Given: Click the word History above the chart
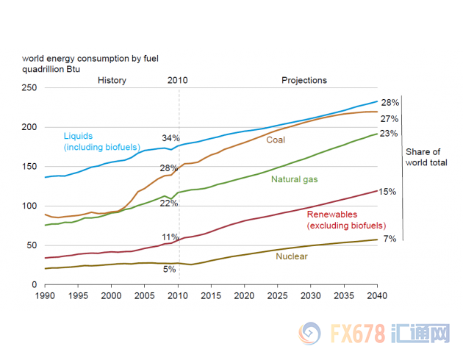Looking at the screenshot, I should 112,80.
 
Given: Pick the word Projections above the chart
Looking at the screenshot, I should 304,80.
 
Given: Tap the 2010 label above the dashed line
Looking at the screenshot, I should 178,80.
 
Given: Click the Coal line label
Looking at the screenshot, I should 276,140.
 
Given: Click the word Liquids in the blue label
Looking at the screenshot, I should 79,137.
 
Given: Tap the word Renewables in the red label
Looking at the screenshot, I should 331,215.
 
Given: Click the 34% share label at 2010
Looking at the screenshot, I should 171,138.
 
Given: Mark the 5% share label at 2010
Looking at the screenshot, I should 170,270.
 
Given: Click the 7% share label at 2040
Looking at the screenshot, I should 390,240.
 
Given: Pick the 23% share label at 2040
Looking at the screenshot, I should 390,134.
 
